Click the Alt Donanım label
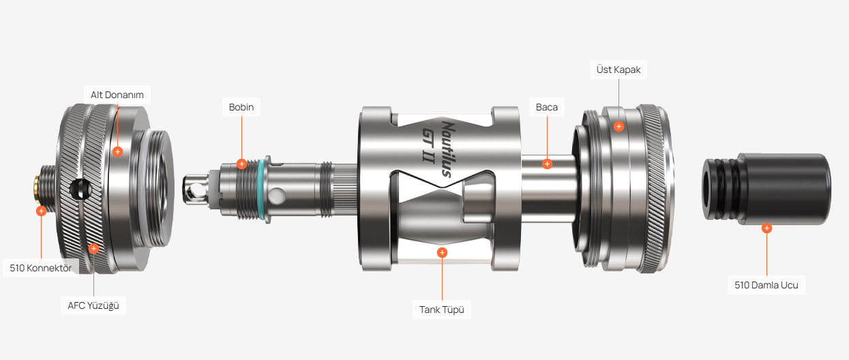tap(117, 95)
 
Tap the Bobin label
tap(241, 107)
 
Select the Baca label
tap(546, 107)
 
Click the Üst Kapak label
tap(619, 70)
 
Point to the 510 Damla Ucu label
tap(766, 285)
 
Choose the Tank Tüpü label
tap(442, 310)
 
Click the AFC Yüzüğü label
tap(93, 305)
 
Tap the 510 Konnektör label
tap(40, 268)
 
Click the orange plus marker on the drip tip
tap(766, 228)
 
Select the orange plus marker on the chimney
tap(547, 164)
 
